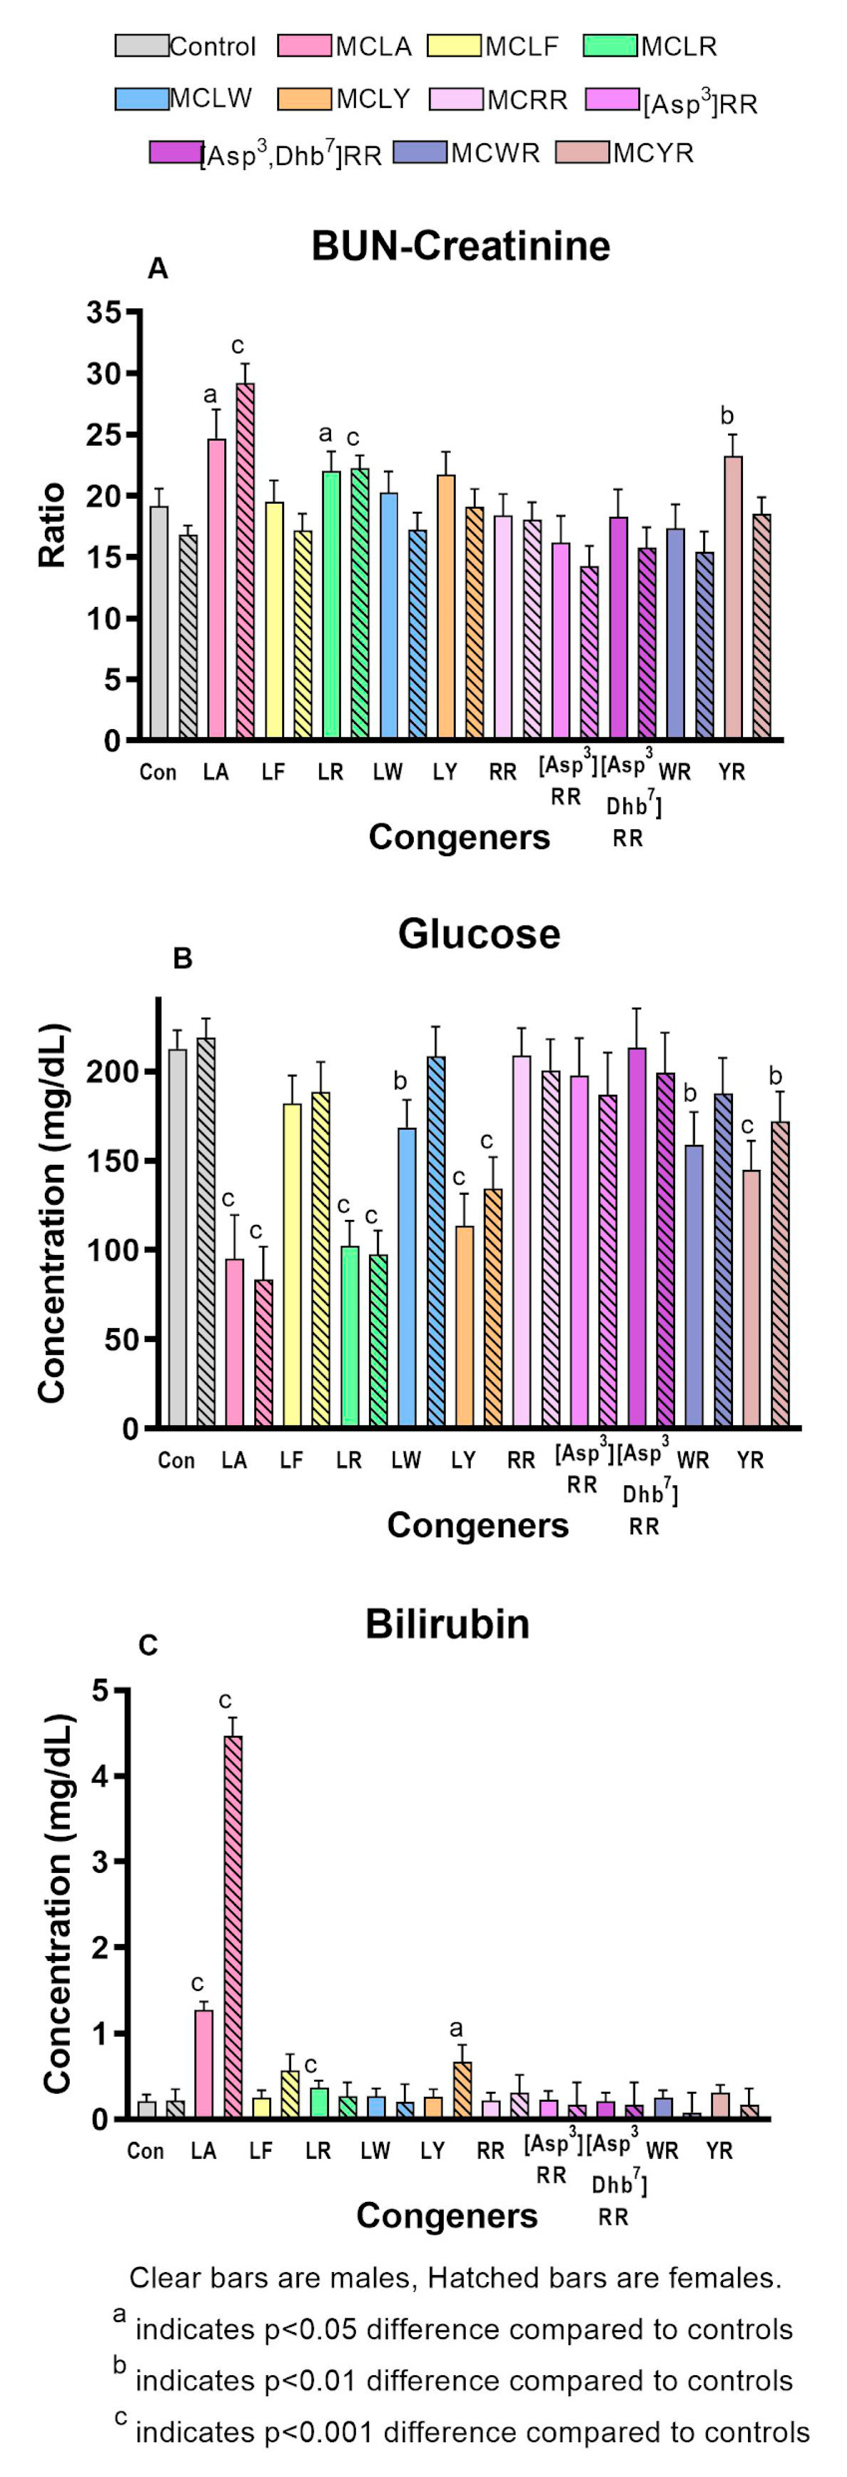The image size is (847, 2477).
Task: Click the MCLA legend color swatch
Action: pos(305,45)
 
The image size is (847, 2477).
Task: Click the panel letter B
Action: pos(182,959)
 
